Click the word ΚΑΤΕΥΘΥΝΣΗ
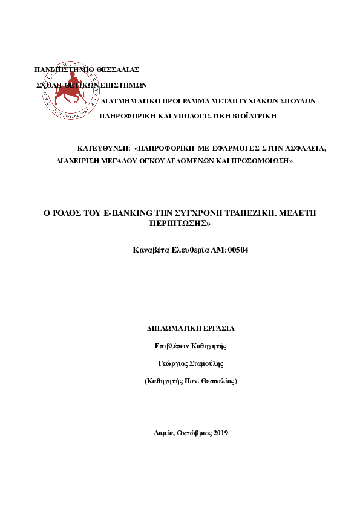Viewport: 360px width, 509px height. coord(104,148)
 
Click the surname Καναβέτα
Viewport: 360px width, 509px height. coord(151,249)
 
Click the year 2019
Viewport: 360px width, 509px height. coord(220,433)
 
